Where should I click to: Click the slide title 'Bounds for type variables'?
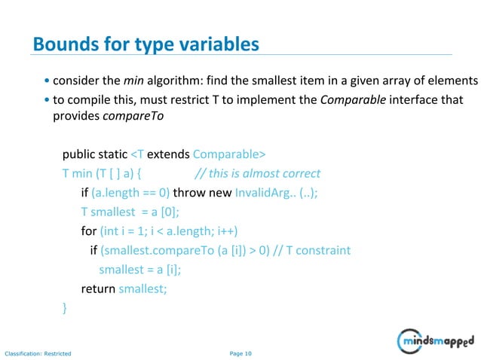146,44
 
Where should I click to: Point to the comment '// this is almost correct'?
257,173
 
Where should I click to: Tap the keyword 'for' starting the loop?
89,230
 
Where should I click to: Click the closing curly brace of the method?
66,307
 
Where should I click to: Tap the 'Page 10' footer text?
240,352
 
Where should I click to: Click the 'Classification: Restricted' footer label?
38,352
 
